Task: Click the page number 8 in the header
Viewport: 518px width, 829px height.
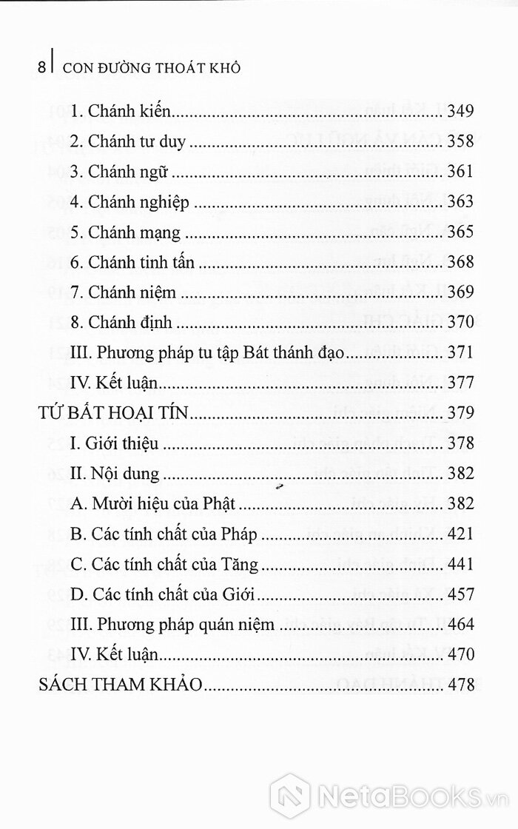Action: tap(41, 67)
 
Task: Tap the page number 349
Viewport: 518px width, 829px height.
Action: tap(460, 112)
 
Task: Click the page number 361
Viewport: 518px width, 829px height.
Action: tap(460, 172)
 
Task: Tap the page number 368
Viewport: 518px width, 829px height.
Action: tap(460, 262)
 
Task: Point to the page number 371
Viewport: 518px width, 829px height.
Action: tap(460, 352)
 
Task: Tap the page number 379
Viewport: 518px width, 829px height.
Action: tap(460, 412)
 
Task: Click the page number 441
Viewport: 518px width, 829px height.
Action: tap(460, 564)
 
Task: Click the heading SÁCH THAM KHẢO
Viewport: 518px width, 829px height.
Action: tap(119, 685)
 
